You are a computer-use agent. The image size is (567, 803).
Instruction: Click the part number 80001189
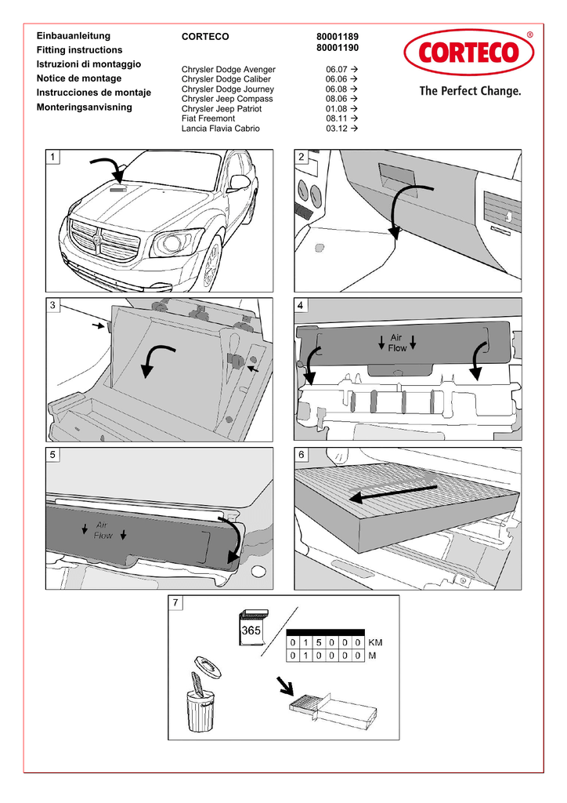[x=338, y=37]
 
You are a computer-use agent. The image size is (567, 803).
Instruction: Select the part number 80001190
[x=338, y=49]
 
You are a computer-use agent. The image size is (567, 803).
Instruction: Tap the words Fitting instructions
[x=80, y=50]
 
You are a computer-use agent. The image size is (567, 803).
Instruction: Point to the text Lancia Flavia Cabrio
[x=220, y=129]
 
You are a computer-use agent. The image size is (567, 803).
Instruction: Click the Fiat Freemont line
[x=208, y=118]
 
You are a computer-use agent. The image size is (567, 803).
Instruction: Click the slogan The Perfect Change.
[x=470, y=92]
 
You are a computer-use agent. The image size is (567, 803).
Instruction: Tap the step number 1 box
[x=53, y=157]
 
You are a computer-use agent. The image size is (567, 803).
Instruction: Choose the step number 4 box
[x=302, y=305]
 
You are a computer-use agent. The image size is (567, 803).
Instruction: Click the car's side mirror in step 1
[x=239, y=183]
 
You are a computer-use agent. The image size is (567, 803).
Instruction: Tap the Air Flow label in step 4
[x=397, y=343]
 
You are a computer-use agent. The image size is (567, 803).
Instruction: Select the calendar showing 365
[x=251, y=627]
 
